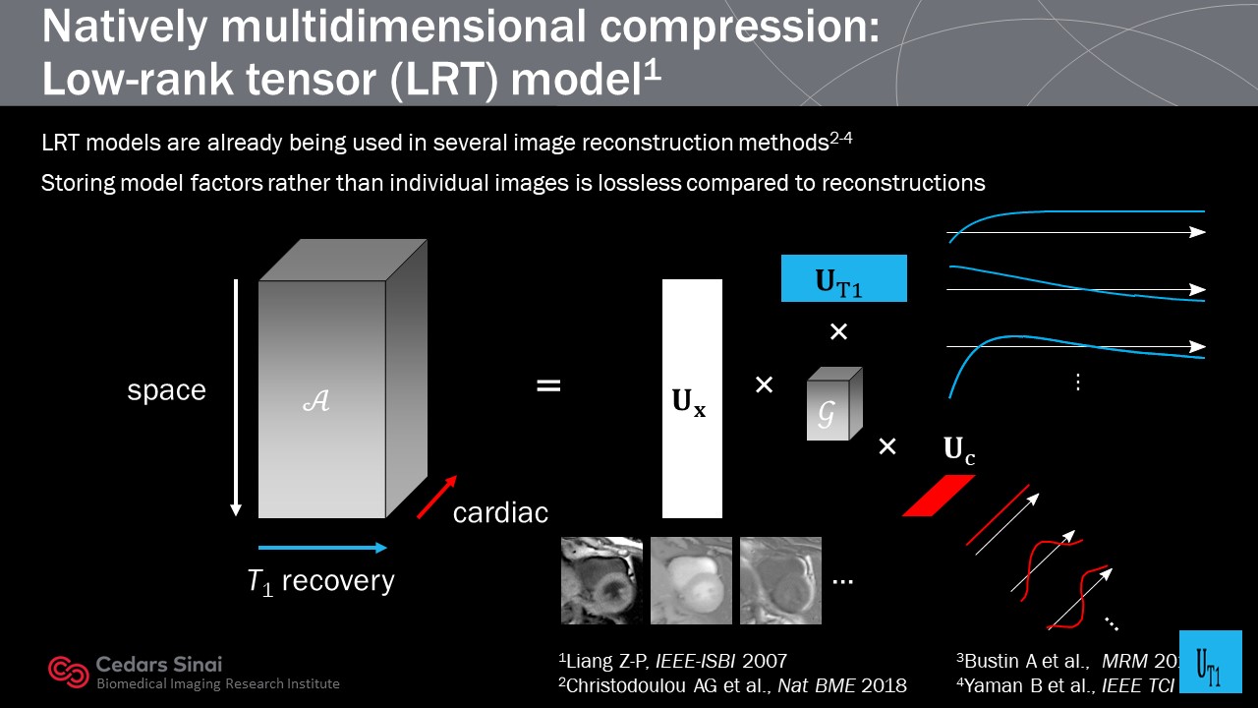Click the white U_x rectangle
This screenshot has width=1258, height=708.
point(692,398)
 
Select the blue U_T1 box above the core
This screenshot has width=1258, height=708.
point(843,278)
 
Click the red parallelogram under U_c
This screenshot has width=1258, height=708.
point(939,495)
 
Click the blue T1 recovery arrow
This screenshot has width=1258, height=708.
point(322,548)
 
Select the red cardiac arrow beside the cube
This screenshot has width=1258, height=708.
point(436,497)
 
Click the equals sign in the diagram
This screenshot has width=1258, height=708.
point(548,386)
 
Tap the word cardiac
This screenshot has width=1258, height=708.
point(500,512)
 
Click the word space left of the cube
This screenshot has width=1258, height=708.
point(166,390)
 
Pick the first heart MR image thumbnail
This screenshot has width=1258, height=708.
point(601,580)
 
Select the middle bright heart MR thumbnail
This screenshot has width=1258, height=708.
point(691,580)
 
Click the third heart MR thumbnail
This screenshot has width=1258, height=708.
point(780,580)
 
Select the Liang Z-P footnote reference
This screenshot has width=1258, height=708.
point(672,661)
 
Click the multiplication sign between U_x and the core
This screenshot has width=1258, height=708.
point(764,385)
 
